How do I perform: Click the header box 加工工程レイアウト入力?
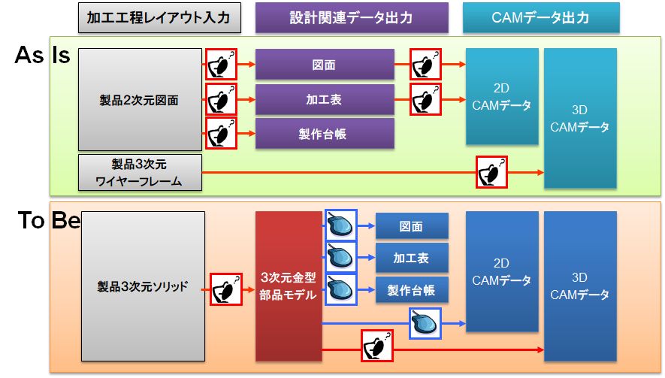coord(159,17)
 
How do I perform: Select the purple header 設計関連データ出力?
coord(352,17)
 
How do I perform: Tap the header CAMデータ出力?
coord(541,17)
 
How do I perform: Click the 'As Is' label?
coord(42,55)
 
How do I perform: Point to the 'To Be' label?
coord(49,221)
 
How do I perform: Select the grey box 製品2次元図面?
coord(140,99)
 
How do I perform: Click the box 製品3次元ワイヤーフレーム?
coord(140,172)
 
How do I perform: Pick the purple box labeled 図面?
coord(325,65)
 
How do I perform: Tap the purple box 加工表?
coord(325,99)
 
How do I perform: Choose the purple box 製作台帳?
coord(325,134)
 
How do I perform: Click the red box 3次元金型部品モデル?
coord(289,286)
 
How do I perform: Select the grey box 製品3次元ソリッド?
coord(143,286)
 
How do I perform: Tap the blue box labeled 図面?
coord(411,226)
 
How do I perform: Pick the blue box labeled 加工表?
coord(411,258)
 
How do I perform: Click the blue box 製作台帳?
coord(411,290)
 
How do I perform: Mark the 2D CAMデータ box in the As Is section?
coord(502,97)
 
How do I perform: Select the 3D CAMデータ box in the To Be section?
coord(580,286)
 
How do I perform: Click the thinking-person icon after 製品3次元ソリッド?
coord(226,289)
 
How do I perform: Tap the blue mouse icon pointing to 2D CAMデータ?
coord(425,323)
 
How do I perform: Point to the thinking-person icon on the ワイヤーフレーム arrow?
coord(491,172)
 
